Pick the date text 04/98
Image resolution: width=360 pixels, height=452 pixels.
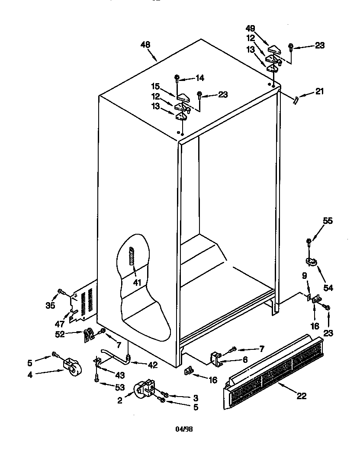(184, 429)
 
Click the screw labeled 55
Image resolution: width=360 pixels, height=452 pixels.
(309, 241)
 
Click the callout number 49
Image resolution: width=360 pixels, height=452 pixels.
(251, 29)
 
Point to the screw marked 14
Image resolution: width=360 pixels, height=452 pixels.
(177, 78)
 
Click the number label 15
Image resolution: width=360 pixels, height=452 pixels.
(155, 86)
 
